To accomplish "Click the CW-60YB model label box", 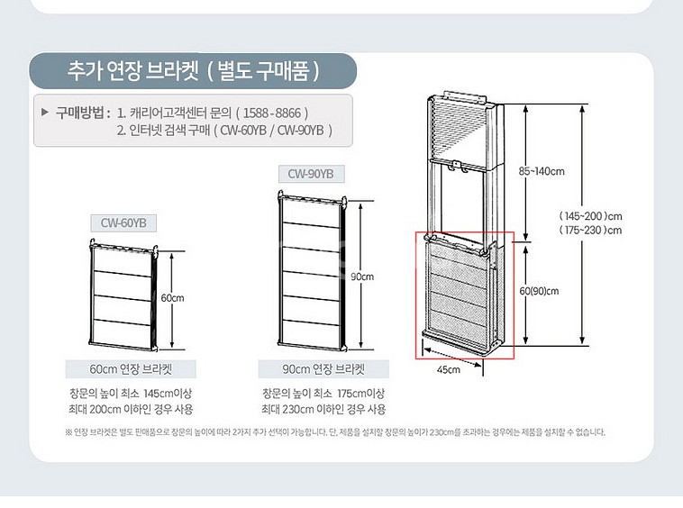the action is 123,223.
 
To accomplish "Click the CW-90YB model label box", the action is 311,174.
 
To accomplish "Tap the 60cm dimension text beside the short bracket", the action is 172,298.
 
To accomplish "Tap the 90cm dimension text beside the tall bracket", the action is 362,277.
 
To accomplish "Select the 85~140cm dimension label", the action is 542,171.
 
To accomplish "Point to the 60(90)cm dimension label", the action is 539,291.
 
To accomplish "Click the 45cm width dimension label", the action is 449,369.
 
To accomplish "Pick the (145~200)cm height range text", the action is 591,216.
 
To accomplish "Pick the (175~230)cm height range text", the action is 591,231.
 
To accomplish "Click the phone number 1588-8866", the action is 272,113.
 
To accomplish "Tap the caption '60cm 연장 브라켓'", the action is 131,369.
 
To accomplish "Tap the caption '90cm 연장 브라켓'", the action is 323,369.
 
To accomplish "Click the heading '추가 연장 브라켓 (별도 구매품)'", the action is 194,71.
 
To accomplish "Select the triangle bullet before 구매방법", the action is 44,113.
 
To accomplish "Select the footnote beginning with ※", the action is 335,432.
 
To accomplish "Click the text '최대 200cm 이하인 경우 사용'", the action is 131,409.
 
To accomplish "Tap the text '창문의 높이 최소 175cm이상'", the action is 323,394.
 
